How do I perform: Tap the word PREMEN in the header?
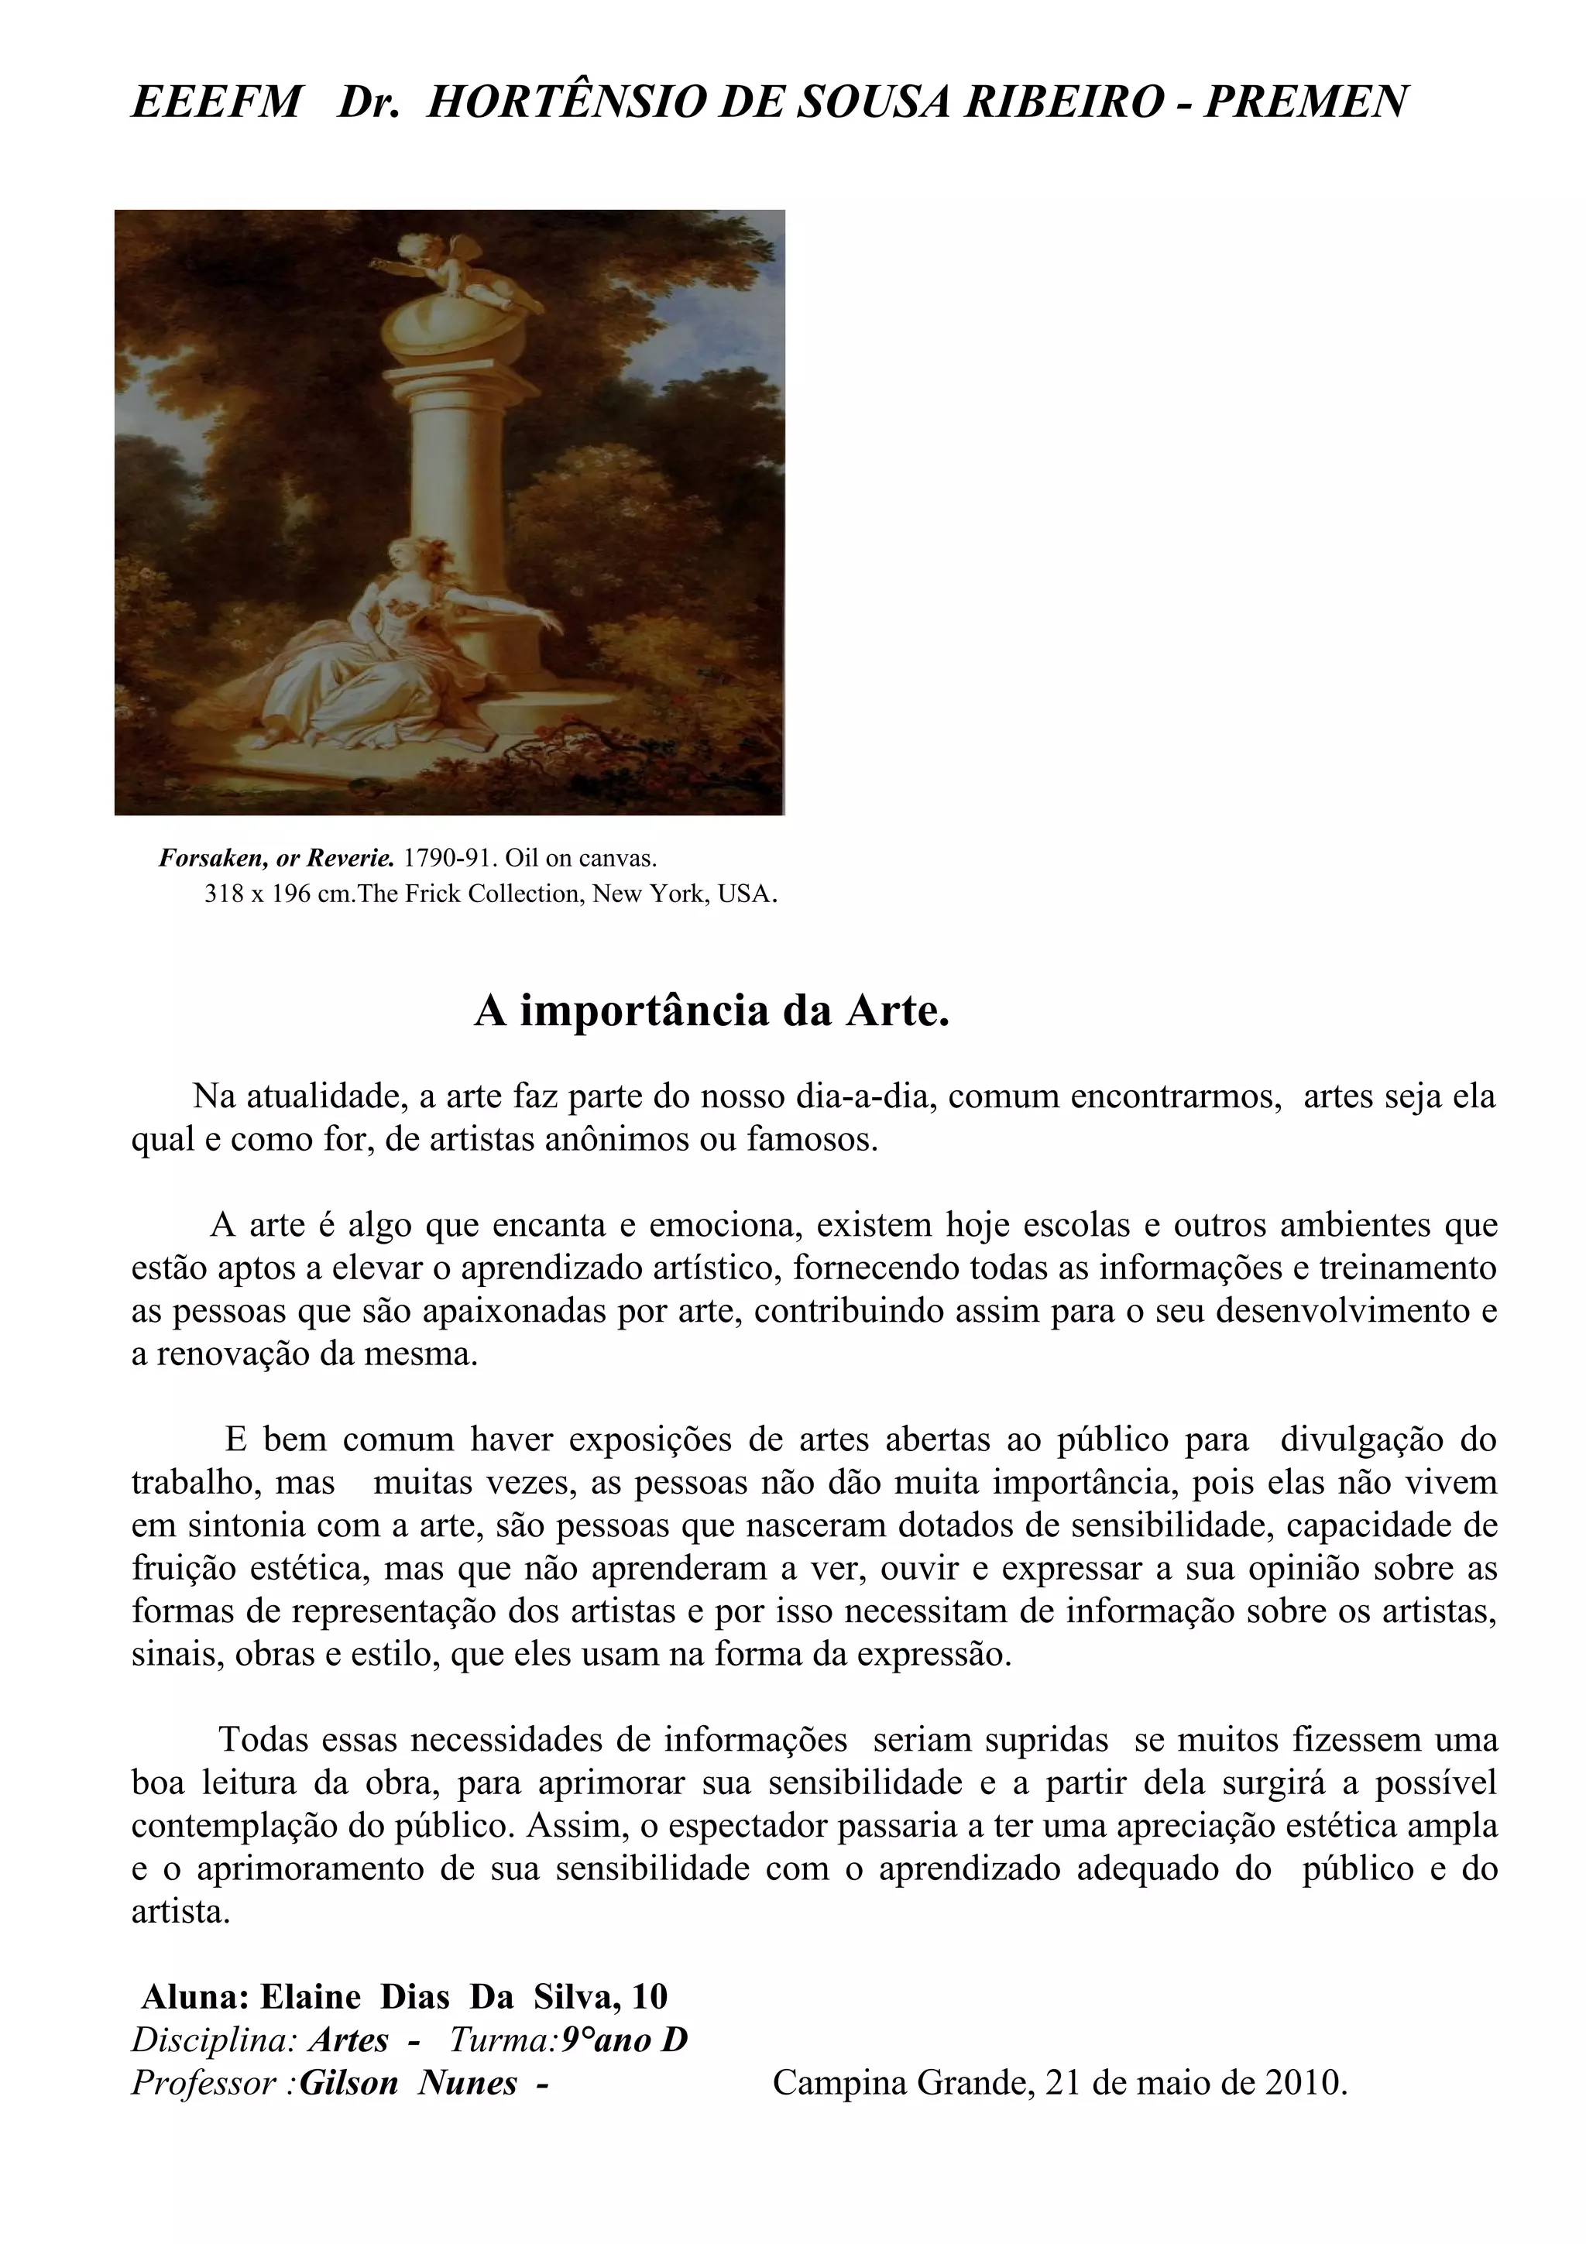pos(1306,101)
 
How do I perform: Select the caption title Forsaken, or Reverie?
pos(276,858)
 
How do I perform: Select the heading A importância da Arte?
pos(712,1010)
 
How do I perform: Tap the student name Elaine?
pos(309,1995)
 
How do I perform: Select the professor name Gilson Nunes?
pos(408,2081)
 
